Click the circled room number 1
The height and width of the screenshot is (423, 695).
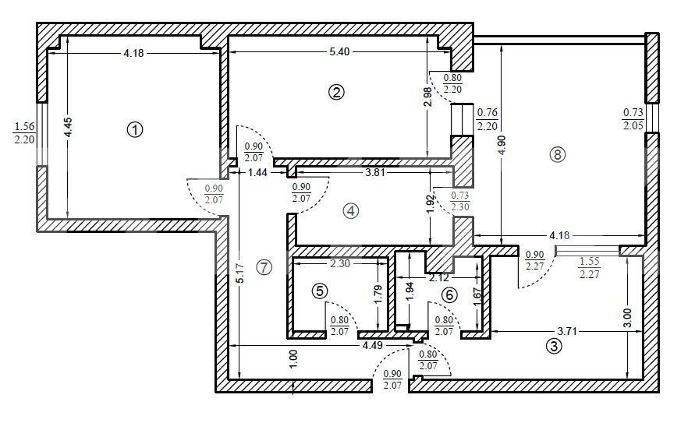click(x=135, y=130)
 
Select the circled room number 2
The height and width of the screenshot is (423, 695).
click(x=336, y=93)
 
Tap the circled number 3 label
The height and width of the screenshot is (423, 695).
click(x=554, y=346)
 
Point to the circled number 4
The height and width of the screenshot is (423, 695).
click(x=350, y=211)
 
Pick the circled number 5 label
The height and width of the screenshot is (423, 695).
click(x=320, y=291)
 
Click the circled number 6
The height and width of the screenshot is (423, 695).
click(x=449, y=294)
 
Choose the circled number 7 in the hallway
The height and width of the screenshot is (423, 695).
click(x=264, y=267)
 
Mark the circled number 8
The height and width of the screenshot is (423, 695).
click(x=558, y=154)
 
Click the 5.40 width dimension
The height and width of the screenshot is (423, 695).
click(x=339, y=51)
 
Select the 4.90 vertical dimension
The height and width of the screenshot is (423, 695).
click(x=502, y=145)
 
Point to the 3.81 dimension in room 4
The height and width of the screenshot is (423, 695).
click(x=374, y=173)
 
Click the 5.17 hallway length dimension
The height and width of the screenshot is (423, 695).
click(x=239, y=273)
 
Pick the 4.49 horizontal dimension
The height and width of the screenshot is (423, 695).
click(x=372, y=345)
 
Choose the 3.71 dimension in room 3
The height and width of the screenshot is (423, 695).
click(x=567, y=331)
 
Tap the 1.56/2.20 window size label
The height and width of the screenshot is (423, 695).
click(x=24, y=133)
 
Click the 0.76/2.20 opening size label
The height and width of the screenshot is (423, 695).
click(x=487, y=119)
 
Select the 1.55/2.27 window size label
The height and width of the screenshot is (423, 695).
click(x=589, y=268)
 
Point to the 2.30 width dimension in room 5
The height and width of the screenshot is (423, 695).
click(x=340, y=264)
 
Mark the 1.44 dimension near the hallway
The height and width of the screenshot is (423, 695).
click(x=257, y=173)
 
